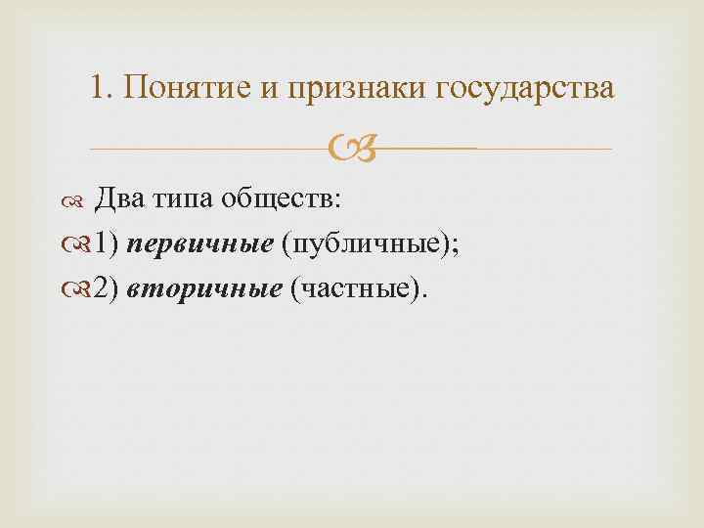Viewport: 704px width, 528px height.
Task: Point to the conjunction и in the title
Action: pos(269,88)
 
